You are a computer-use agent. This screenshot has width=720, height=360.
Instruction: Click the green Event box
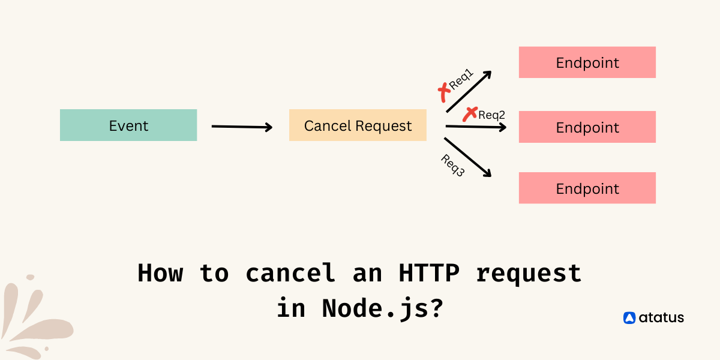128,125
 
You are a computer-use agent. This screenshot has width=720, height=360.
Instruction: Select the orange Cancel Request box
358,125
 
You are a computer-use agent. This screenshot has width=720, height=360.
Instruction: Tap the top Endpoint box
587,62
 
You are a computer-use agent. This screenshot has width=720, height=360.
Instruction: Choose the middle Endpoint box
587,127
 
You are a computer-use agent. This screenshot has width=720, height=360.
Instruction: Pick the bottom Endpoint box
587,188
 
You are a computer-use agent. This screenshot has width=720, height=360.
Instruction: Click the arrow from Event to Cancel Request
242,127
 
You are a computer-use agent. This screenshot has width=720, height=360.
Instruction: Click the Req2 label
492,115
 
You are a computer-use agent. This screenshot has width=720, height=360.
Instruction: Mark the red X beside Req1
444,92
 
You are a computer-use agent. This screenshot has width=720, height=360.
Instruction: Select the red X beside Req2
470,113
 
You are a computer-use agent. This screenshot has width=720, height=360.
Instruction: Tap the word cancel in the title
290,273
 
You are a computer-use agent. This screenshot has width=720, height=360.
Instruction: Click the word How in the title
160,273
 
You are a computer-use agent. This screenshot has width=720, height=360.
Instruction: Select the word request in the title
529,273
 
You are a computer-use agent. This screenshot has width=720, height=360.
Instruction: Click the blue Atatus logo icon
629,318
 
